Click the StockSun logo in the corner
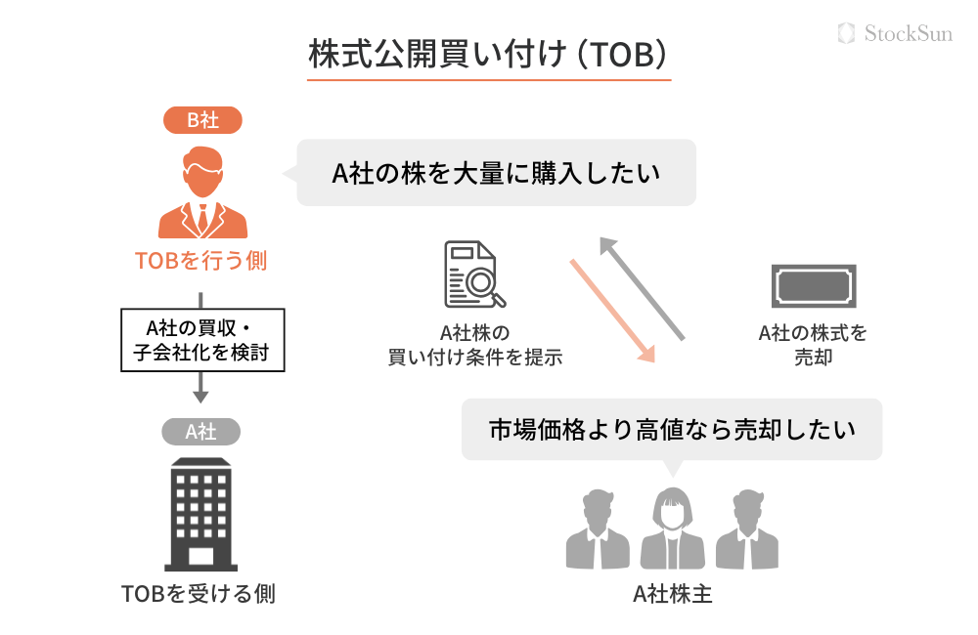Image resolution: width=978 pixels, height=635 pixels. [x=895, y=33]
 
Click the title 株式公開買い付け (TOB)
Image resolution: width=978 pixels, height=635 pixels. [x=489, y=55]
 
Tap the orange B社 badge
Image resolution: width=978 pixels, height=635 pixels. [x=202, y=120]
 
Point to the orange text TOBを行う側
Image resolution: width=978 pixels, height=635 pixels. [x=201, y=261]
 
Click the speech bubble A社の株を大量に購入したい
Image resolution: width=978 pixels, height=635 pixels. [x=496, y=173]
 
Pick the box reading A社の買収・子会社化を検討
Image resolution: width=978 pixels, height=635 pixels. [x=201, y=340]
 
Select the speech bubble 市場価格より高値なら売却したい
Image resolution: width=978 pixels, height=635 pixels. [x=672, y=429]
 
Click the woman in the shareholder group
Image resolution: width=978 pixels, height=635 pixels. [x=672, y=527]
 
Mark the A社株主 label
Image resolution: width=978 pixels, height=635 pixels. [x=672, y=593]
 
